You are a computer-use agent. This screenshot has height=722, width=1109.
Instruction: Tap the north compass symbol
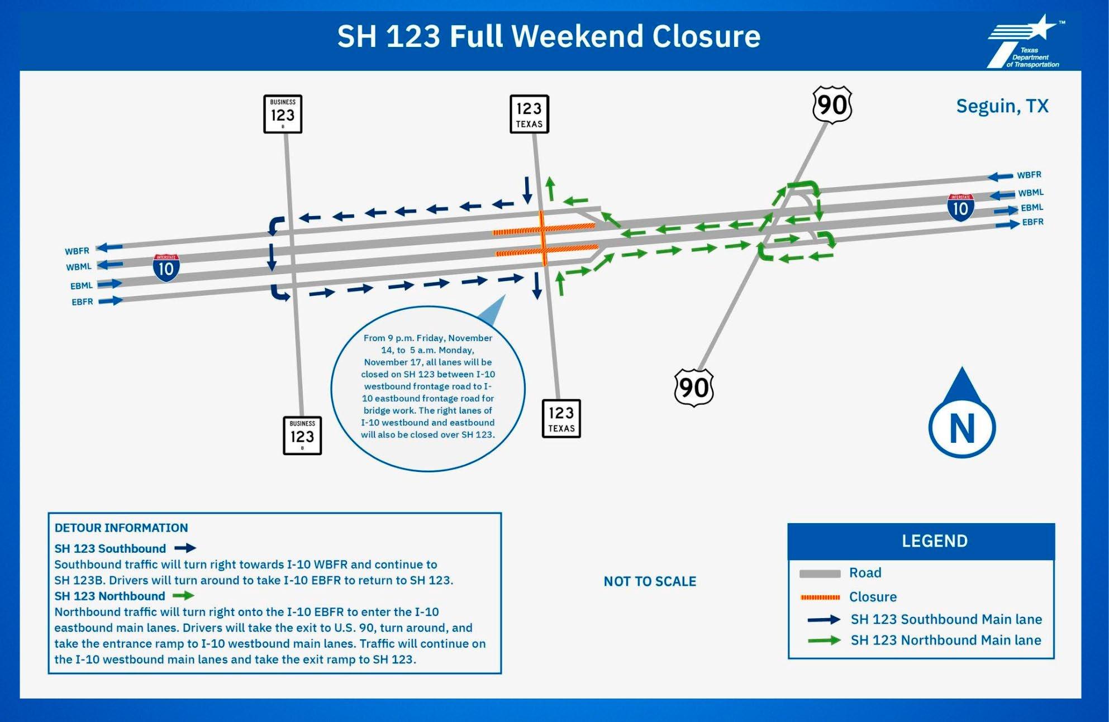pos(962,416)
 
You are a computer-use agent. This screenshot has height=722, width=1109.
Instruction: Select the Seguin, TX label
pos(1002,106)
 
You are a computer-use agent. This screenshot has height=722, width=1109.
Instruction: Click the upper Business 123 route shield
pos(283,114)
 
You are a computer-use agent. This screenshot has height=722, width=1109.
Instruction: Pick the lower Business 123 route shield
pos(302,436)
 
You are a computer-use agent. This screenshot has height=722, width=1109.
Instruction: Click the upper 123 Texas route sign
pos(529,114)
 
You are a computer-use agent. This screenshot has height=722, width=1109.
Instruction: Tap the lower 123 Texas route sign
pos(561,419)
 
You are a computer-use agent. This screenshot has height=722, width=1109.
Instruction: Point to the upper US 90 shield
pos(832,105)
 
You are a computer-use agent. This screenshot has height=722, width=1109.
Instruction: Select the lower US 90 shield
pos(694,388)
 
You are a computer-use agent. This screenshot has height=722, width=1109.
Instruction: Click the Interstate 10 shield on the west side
pos(166,267)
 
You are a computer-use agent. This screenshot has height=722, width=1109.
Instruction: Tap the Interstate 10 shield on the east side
pos(960,207)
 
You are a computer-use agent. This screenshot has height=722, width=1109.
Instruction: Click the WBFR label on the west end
pos(77,251)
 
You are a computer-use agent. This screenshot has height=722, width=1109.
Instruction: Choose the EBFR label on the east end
pos(1032,222)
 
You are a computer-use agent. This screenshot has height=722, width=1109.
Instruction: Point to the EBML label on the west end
pos(82,286)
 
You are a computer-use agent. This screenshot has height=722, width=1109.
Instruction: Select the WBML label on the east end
pos(1030,193)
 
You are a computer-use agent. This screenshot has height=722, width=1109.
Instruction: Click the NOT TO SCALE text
pos(650,581)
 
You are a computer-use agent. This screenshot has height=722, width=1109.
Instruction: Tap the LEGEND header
pos(934,541)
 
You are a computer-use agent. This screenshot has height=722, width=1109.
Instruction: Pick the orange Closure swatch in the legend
pos(820,597)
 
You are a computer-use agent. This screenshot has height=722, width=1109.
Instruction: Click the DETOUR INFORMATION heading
pos(121,528)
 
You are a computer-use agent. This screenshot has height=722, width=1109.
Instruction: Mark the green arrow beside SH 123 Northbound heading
pos(183,596)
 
